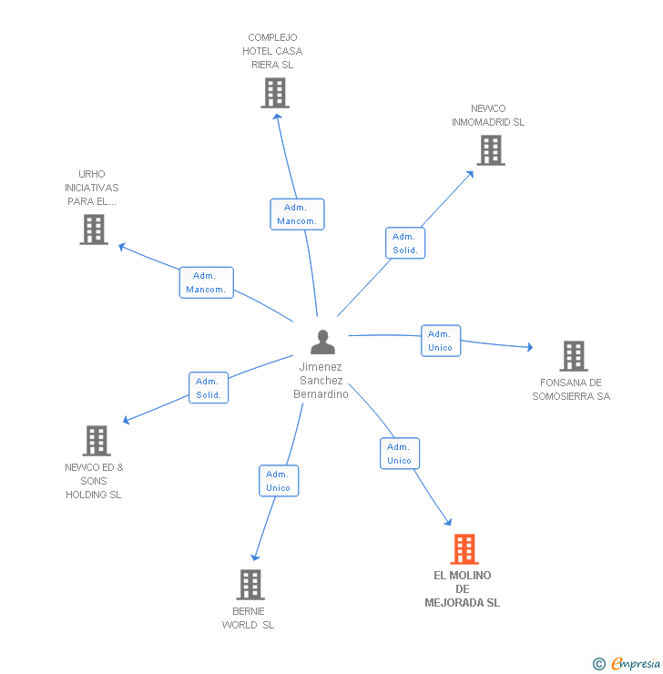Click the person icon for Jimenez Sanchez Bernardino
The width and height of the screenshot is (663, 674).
pos(322,342)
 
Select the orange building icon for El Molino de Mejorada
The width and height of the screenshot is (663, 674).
pos(464,549)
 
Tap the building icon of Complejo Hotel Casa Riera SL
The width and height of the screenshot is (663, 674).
pos(275,93)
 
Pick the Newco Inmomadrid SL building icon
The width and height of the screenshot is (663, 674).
pos(491,150)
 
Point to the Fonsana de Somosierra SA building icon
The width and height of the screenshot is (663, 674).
pos(574,356)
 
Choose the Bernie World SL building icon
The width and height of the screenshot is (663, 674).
pos(250,585)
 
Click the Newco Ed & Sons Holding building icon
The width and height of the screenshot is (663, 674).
pos(97,441)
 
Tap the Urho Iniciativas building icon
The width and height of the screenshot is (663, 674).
pos(94,230)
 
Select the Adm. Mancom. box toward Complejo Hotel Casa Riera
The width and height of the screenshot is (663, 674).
pos(297,214)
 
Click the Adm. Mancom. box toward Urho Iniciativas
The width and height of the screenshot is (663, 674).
pos(206,282)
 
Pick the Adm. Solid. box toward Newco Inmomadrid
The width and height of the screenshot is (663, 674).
pos(405,243)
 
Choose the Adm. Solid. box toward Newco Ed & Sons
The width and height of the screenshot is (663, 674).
pos(209,388)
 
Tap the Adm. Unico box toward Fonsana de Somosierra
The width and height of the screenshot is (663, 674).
pos(441,341)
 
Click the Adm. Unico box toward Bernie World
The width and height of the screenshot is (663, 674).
pos(279,481)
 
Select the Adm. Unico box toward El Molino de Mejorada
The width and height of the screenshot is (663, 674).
pos(400,453)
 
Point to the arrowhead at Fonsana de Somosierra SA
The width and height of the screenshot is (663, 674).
pos(530,347)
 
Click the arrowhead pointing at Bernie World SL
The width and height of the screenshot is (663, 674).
pos(255,557)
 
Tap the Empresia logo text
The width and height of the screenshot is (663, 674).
pos(636,663)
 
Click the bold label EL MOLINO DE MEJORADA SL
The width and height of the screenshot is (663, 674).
pos(463,589)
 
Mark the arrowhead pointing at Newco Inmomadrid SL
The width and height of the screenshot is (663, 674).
pos(470,174)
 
